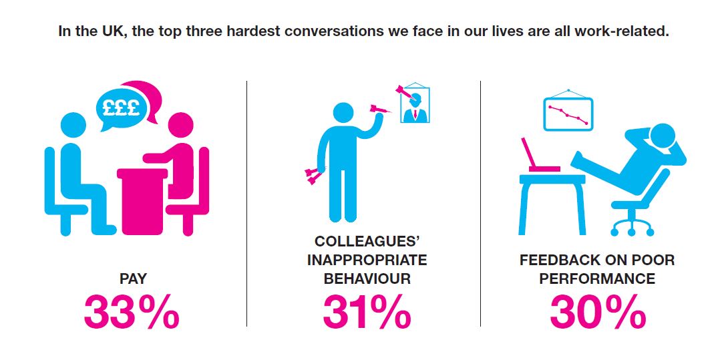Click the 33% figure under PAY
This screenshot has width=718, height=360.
click(x=132, y=312)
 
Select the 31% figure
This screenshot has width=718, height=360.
click(x=367, y=312)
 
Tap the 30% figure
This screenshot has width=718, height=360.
click(x=598, y=312)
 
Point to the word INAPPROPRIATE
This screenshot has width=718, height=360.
click(x=367, y=260)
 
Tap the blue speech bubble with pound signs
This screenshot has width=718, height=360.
click(x=121, y=110)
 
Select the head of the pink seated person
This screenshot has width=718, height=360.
click(x=180, y=126)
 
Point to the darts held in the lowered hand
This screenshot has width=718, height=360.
click(x=313, y=176)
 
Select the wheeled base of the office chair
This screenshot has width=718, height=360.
click(x=633, y=226)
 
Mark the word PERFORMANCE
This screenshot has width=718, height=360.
click(x=597, y=279)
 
